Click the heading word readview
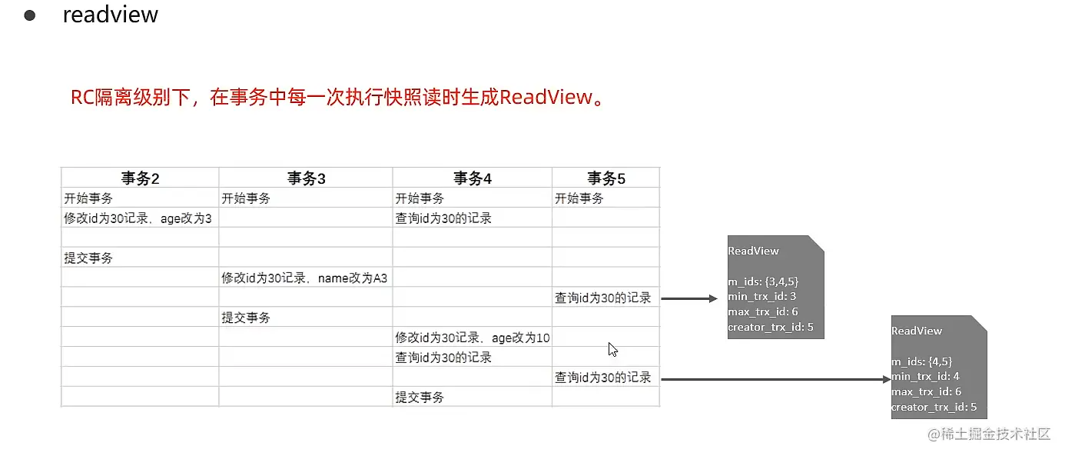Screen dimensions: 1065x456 pyautogui.click(x=110, y=15)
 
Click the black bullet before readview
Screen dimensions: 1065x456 pyautogui.click(x=31, y=16)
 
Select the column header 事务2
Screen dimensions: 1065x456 pyautogui.click(x=140, y=178)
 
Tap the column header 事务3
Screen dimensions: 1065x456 pyautogui.click(x=307, y=178)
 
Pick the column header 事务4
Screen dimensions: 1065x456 pyautogui.click(x=472, y=178)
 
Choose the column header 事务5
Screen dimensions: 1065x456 pyautogui.click(x=606, y=178)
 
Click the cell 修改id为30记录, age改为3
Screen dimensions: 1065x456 pyautogui.click(x=138, y=218)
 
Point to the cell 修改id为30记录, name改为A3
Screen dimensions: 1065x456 pyautogui.click(x=304, y=278)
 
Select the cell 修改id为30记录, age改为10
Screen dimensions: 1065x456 pyautogui.click(x=473, y=338)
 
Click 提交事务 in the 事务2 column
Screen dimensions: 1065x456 pyautogui.click(x=88, y=258)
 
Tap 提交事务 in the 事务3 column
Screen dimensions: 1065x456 pyautogui.click(x=246, y=318)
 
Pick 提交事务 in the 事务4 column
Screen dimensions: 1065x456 pyautogui.click(x=420, y=398)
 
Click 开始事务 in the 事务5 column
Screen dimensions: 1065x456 pyautogui.click(x=579, y=198)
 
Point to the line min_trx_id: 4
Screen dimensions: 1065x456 pyautogui.click(x=925, y=377)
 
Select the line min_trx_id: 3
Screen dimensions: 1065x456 pyautogui.click(x=762, y=297)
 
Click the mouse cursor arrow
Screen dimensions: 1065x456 pyautogui.click(x=612, y=349)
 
